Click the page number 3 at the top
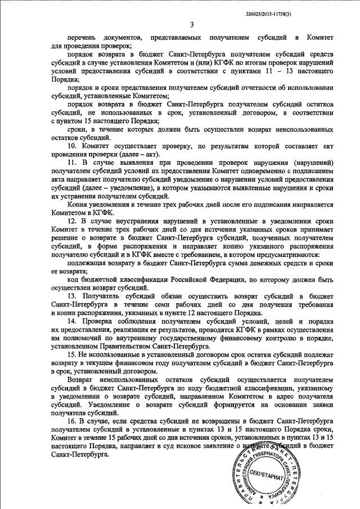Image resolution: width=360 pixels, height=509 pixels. [192, 24]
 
